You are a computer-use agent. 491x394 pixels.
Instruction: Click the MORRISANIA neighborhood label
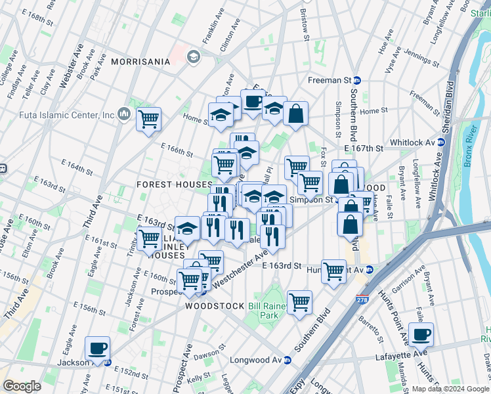(140, 62)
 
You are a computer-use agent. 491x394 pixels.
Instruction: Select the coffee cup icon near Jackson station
(98, 349)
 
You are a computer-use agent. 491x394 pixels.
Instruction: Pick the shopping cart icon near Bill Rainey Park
(299, 303)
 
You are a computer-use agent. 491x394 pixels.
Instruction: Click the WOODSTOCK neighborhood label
(215, 306)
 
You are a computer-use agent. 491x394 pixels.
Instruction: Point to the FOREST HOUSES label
(167, 185)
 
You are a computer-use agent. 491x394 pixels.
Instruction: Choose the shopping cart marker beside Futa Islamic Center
(149, 120)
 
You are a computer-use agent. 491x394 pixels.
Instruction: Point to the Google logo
(22, 386)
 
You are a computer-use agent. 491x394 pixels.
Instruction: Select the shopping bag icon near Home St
(296, 114)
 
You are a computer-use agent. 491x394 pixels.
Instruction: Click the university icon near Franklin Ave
(194, 57)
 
